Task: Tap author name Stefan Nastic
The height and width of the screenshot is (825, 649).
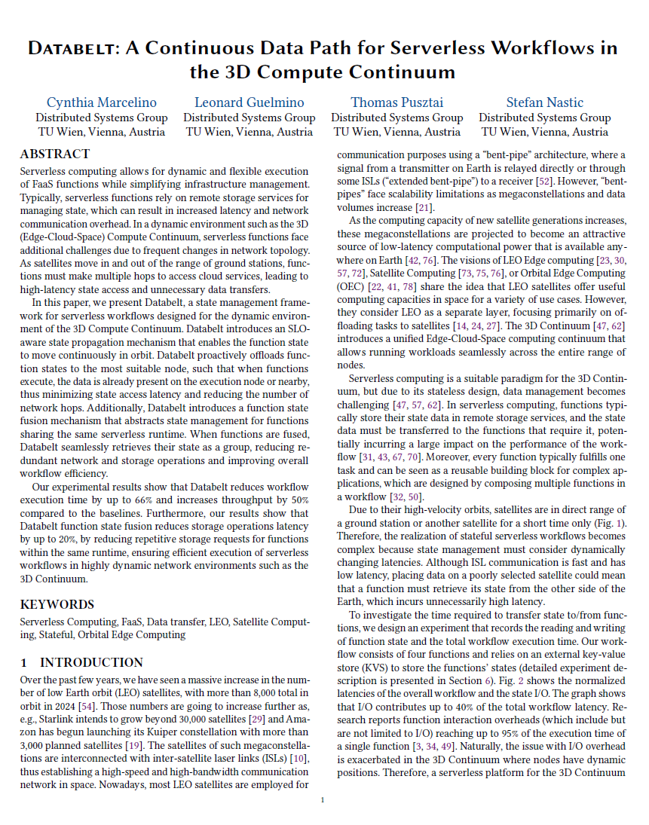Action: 544,102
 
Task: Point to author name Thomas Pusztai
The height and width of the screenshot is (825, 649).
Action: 396,102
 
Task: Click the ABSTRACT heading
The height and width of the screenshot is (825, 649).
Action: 55,154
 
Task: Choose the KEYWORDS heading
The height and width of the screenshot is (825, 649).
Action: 57,604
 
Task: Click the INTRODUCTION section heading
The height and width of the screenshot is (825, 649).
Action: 91,662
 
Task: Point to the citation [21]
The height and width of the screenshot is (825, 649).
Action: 424,207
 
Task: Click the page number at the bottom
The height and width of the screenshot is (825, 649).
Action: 323,799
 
